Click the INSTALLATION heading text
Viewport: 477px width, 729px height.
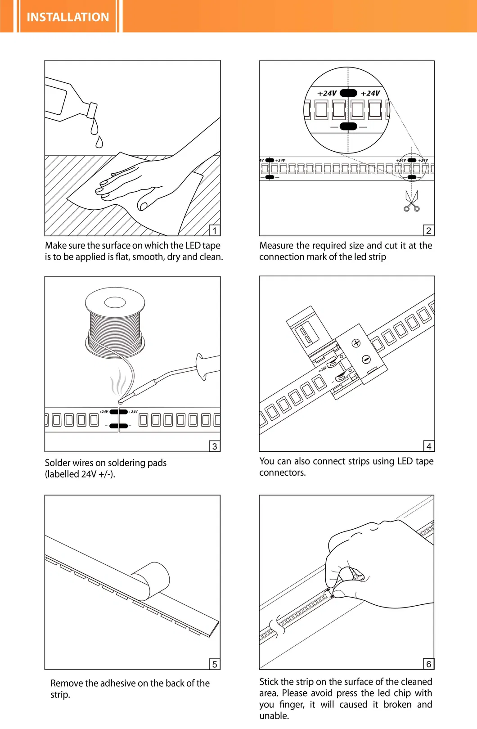67,17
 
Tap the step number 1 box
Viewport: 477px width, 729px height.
215,230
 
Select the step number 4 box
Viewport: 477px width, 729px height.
429,446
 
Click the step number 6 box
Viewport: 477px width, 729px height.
429,664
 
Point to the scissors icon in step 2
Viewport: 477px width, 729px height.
411,202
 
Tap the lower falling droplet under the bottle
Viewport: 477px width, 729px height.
99,142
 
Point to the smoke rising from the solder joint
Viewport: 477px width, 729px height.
118,382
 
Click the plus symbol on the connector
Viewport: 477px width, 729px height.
356,343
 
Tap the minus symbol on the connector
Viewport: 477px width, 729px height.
366,359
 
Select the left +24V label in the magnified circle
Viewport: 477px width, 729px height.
327,93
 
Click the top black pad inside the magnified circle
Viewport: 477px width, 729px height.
348,93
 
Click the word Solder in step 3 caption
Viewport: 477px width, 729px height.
58,463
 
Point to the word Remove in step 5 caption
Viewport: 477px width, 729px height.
67,683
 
